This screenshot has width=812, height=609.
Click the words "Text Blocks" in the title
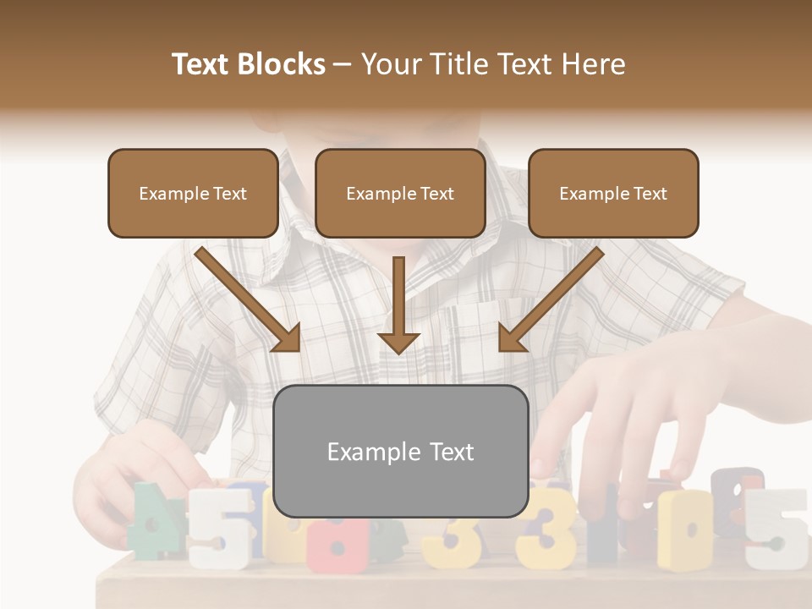pos(248,64)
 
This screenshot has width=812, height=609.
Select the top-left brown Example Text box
pos(193,193)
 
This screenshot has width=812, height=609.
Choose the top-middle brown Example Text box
pos(400,193)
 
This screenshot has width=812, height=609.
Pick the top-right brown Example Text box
pos(613,193)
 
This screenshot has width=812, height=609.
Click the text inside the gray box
pos(401,452)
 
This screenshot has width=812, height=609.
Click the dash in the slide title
pos(343,64)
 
